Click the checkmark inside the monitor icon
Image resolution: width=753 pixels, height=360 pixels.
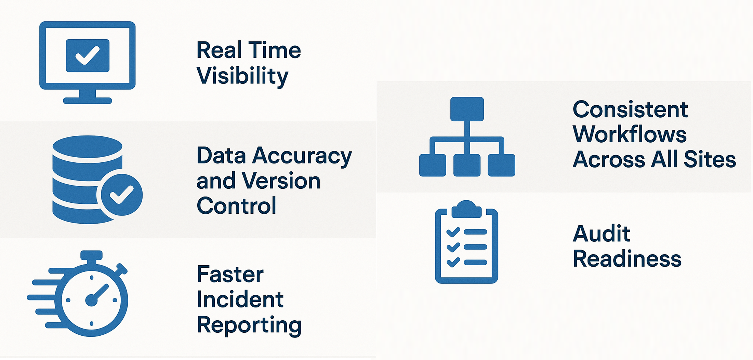tap(88, 56)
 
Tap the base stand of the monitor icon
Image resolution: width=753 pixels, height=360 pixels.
tap(88, 100)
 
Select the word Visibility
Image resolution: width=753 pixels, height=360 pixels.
tap(242, 76)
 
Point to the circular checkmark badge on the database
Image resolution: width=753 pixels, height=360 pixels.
tap(122, 195)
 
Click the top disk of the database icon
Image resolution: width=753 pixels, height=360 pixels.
tap(88, 146)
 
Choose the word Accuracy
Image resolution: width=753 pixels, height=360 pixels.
tap(302, 156)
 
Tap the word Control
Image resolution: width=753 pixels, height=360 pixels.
tap(236, 206)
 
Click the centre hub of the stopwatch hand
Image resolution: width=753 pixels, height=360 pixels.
tap(91, 301)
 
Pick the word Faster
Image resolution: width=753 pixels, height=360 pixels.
tap(230, 274)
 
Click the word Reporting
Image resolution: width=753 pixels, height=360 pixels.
tap(249, 325)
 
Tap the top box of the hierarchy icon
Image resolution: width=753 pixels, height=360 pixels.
tap(467, 109)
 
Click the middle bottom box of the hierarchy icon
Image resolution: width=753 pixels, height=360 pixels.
tap(467, 165)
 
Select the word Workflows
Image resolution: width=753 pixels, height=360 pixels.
tap(630, 134)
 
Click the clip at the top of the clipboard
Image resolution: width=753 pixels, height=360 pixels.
tap(466, 209)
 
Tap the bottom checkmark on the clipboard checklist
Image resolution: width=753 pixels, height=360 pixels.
tap(453, 262)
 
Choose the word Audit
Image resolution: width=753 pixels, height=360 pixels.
tap(601, 234)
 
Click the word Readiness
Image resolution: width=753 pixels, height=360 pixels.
tap(627, 259)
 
